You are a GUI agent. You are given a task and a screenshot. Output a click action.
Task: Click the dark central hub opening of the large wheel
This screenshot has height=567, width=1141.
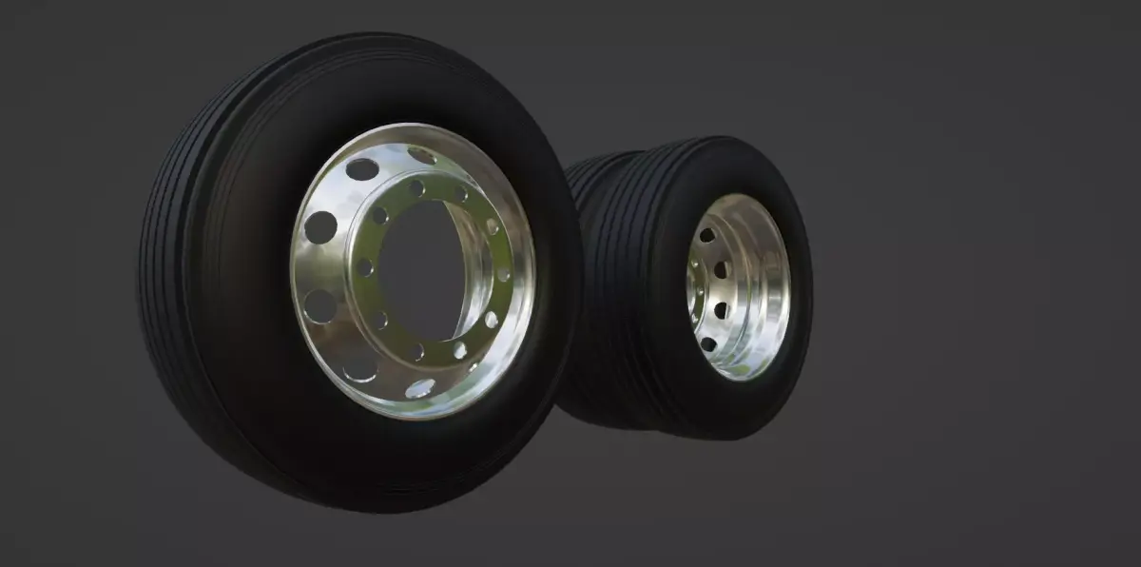pyautogui.click(x=418, y=271)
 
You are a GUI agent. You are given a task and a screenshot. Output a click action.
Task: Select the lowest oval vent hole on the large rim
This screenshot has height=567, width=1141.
pyautogui.click(x=419, y=387)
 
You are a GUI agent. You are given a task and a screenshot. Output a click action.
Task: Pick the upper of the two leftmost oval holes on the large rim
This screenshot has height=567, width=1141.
pyautogui.click(x=320, y=226)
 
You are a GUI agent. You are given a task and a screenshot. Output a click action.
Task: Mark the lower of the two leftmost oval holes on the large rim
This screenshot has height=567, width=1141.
pyautogui.click(x=320, y=305)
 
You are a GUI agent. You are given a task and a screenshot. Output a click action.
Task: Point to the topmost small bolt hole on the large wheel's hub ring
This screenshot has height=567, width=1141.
pyautogui.click(x=416, y=188)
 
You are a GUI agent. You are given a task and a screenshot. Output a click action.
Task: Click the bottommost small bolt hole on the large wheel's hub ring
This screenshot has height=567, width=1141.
pyautogui.click(x=417, y=353)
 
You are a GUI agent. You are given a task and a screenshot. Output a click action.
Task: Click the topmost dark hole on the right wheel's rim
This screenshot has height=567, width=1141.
pyautogui.click(x=707, y=235)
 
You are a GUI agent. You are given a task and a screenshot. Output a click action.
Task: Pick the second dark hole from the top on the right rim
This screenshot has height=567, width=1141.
pyautogui.click(x=721, y=270)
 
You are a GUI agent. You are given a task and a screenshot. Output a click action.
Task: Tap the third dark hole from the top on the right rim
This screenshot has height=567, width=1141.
pyautogui.click(x=720, y=310)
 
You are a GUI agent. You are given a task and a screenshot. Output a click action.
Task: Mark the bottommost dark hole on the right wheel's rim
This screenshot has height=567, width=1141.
pyautogui.click(x=708, y=344)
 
